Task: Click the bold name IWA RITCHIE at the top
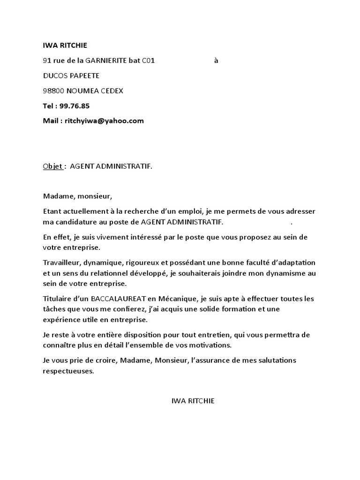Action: click(x=65, y=45)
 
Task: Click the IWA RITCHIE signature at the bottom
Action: click(x=193, y=401)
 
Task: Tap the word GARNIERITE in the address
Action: click(x=105, y=60)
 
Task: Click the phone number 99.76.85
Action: click(x=74, y=105)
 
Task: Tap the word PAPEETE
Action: click(x=84, y=75)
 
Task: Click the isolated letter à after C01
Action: click(x=216, y=60)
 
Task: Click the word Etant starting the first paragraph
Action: click(x=52, y=211)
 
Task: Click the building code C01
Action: click(x=148, y=60)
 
